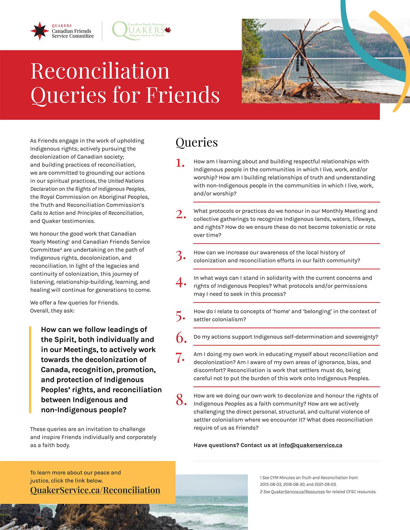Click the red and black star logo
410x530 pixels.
tap(40, 31)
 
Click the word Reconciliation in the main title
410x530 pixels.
tap(100, 71)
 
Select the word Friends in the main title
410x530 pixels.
tap(183, 95)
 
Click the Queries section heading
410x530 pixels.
tap(197, 142)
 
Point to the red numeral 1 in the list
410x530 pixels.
tap(180, 163)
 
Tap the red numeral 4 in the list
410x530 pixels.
tap(181, 282)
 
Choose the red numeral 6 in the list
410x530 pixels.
tap(181, 338)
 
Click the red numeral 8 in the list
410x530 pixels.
tap(181, 400)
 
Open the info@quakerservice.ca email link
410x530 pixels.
tap(310, 445)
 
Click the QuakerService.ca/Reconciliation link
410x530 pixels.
tap(95, 490)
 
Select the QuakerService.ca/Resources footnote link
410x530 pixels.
tap(298, 492)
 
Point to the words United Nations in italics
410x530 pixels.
tap(126, 181)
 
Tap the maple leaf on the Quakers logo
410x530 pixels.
tap(168, 30)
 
